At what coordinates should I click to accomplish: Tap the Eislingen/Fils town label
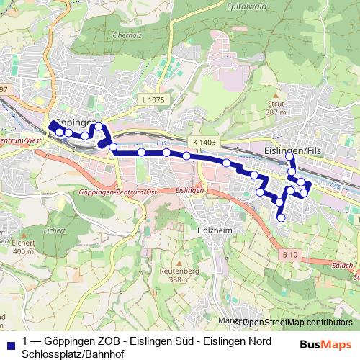pyautogui.click(x=292, y=150)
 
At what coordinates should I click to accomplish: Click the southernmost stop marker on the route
pyautogui.click(x=281, y=217)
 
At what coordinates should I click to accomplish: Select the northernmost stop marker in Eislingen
pyautogui.click(x=289, y=156)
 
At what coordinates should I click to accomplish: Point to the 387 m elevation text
pyautogui.click(x=276, y=112)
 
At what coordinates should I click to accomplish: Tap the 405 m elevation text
pyautogui.click(x=23, y=251)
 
